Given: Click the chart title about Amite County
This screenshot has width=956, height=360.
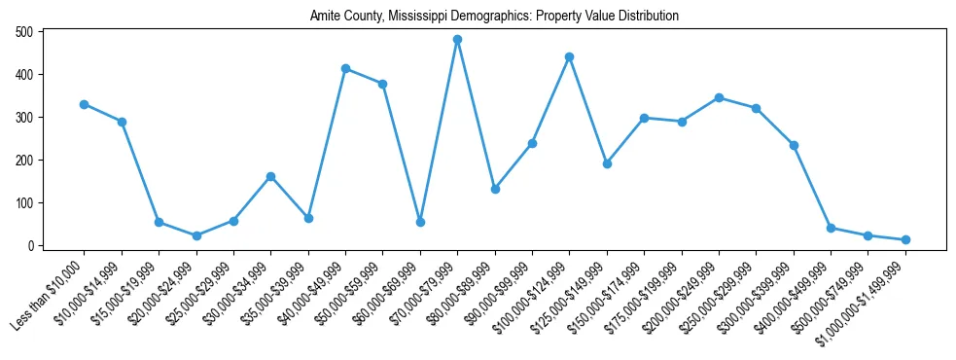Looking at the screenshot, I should [x=494, y=17].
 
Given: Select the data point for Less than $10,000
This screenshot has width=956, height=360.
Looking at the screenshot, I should [x=85, y=104].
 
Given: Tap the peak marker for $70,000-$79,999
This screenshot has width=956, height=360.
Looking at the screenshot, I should [x=457, y=40].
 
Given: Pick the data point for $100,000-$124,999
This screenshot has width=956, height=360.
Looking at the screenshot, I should [x=569, y=57].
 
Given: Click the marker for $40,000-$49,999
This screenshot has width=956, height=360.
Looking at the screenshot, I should [x=345, y=68].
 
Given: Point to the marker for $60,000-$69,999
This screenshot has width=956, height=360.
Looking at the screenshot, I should [x=420, y=222].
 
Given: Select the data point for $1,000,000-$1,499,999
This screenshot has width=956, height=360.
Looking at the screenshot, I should [x=904, y=239].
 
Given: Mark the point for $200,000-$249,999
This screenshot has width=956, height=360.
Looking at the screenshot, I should [x=719, y=97].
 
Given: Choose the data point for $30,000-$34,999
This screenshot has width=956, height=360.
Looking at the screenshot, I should [x=270, y=176].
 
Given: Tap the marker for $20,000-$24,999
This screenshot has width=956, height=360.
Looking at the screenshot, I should [x=196, y=235].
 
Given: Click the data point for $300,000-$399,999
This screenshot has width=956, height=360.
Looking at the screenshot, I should [x=794, y=145].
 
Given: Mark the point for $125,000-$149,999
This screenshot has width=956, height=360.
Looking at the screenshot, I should [x=607, y=163].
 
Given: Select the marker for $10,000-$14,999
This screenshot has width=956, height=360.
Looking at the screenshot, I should [x=122, y=122].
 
